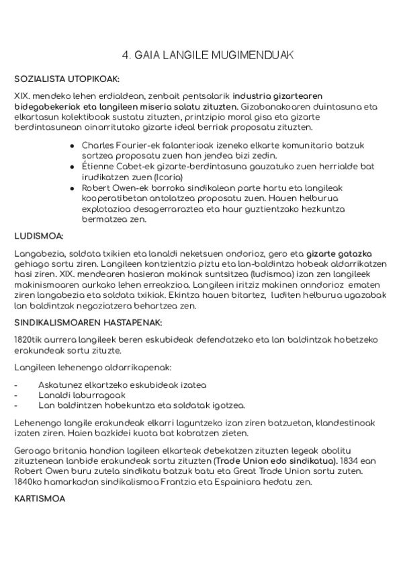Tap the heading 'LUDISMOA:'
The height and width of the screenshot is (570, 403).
[x=39, y=236]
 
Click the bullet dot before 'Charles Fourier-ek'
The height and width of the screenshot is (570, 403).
[x=72, y=146]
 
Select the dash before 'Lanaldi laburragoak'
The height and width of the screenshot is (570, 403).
[x=16, y=395]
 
